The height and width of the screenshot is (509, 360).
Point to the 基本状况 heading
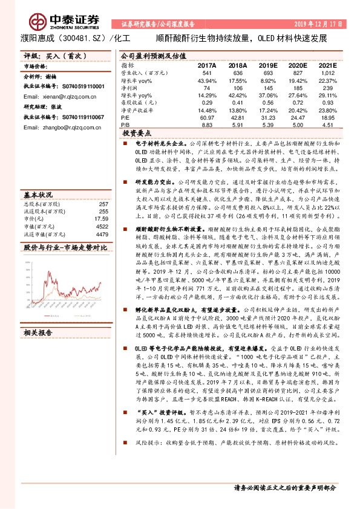[x=38, y=195]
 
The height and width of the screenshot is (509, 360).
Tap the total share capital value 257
[x=103, y=204]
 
